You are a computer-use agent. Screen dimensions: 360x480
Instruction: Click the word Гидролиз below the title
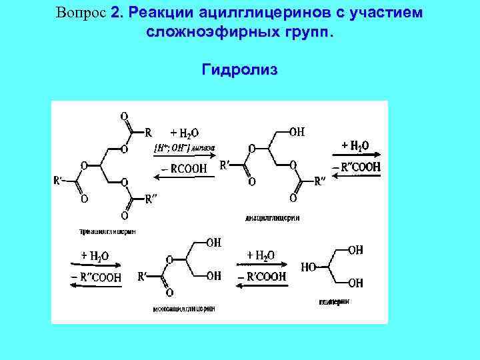point(239,69)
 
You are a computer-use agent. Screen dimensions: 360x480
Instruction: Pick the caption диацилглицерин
point(273,217)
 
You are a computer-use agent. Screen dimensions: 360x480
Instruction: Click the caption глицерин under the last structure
point(335,301)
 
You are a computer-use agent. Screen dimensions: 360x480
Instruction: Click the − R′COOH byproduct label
point(262,276)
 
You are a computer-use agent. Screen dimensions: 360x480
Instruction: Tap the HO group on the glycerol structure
point(309,267)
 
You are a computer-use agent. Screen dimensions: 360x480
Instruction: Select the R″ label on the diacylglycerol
point(320,181)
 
